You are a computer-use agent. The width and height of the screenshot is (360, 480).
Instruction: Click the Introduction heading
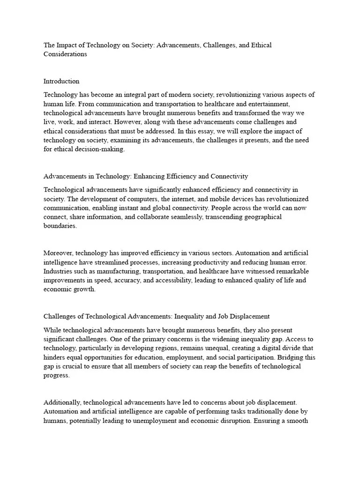61,81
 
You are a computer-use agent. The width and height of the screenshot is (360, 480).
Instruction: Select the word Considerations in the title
65,54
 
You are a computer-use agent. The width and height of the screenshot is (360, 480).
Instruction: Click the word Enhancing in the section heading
152,176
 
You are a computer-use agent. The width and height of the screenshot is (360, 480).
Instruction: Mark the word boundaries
60,226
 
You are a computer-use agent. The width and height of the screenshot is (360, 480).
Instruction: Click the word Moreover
58,253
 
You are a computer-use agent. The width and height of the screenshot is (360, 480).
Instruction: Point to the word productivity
217,262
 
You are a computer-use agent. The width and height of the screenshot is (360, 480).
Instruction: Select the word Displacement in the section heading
248,316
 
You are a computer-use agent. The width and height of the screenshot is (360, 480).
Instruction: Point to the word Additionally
62,402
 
